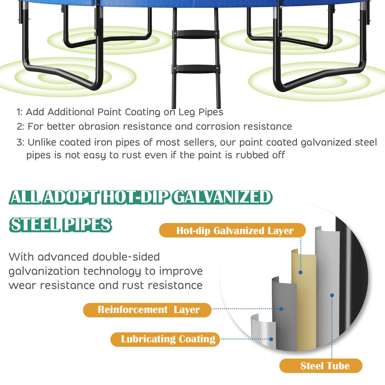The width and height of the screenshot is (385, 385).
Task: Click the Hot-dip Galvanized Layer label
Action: [232, 230]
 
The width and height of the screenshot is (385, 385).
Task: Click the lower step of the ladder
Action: [196, 69]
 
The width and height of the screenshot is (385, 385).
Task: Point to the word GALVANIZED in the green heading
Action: [223, 197]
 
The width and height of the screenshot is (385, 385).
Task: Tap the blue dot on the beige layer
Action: [301, 272]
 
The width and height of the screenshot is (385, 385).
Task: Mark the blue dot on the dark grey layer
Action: [281, 309]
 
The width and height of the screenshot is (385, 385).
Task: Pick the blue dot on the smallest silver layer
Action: [271, 339]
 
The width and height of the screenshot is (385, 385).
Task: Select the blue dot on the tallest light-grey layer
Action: [332, 295]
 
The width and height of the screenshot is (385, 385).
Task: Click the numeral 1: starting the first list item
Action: [20, 112]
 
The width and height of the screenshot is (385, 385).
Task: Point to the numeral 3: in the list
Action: [20, 142]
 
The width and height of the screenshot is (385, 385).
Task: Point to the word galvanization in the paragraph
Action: [44, 271]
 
